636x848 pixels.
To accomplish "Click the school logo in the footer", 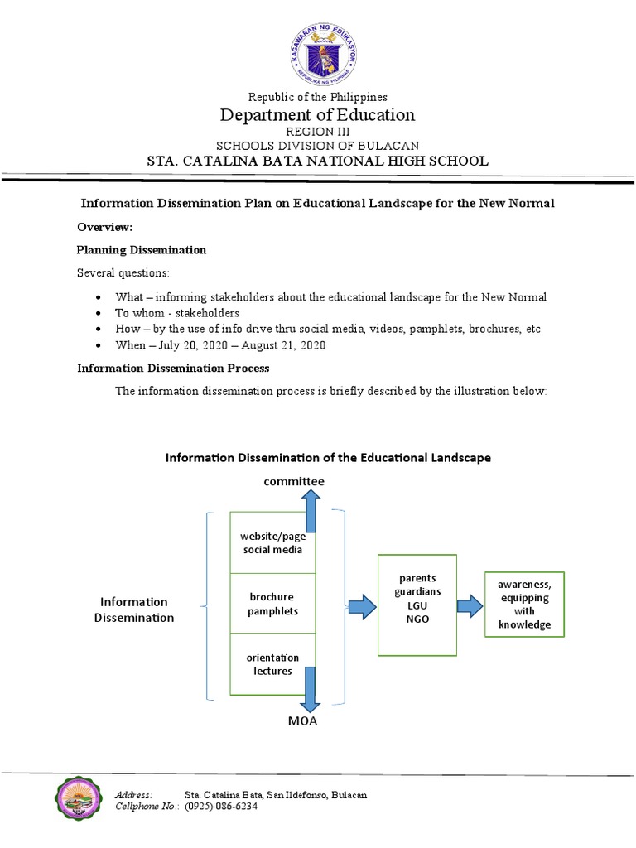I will [81, 800].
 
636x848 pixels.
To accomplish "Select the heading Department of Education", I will [317, 114].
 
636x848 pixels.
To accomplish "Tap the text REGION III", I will [317, 132].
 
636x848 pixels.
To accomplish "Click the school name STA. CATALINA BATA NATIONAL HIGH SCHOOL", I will [317, 161].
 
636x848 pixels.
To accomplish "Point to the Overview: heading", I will [105, 227].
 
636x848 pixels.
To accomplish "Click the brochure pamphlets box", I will [272, 604].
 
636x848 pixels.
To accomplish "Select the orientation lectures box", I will [272, 664].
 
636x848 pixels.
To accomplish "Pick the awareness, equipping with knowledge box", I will [523, 605].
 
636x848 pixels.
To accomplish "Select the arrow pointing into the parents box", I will [361, 607].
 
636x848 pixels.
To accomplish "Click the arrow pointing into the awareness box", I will [470, 605].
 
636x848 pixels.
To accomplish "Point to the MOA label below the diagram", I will [302, 721].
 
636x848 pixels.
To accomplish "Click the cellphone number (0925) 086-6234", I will [221, 807].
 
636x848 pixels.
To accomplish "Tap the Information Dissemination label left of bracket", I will [134, 609].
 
